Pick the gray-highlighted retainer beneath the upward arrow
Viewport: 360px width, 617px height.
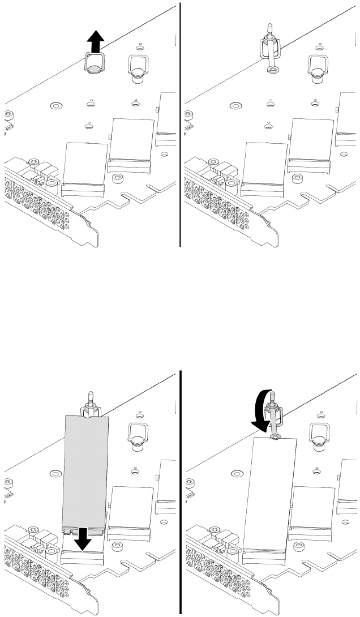[94, 64]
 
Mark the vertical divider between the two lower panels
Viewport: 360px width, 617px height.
[180, 492]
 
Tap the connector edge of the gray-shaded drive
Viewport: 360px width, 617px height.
[84, 530]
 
